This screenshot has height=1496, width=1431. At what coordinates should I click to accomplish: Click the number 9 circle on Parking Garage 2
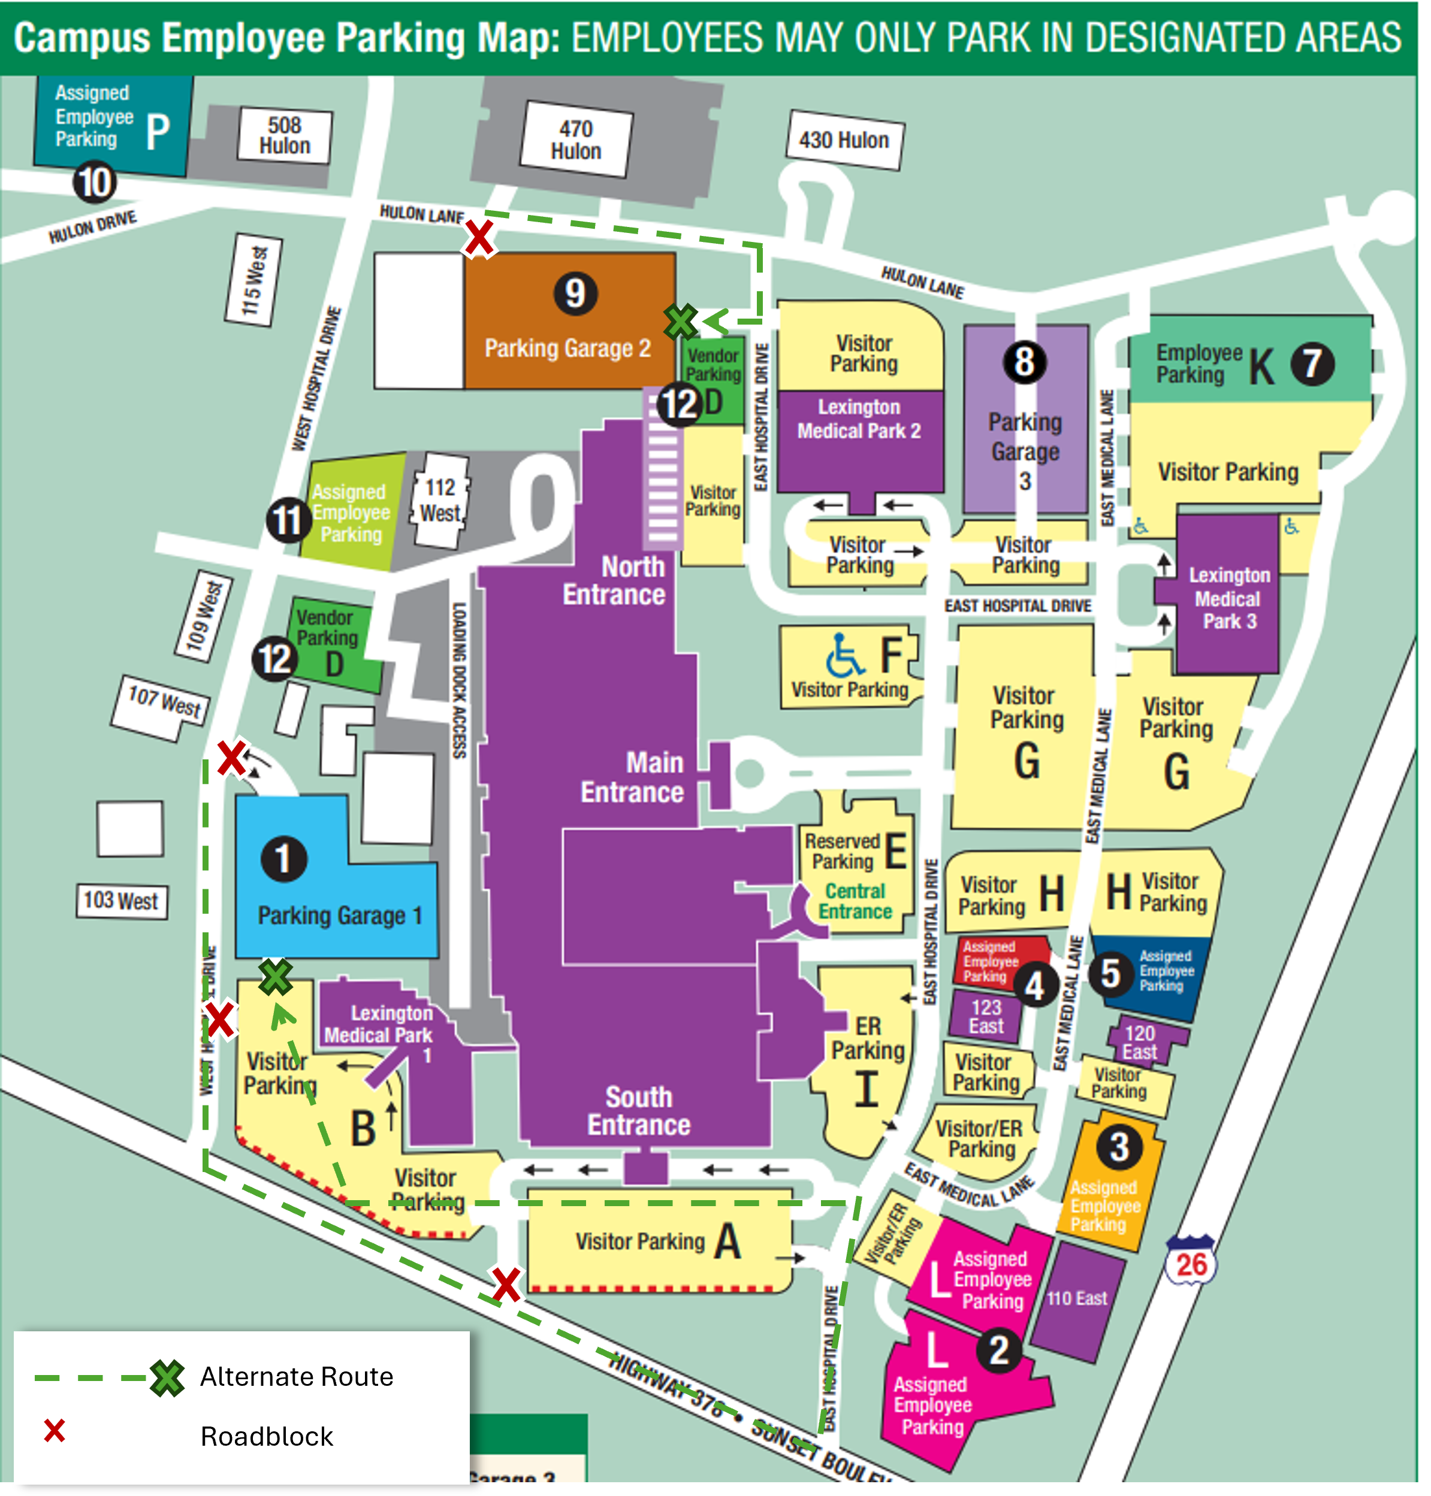click(x=575, y=293)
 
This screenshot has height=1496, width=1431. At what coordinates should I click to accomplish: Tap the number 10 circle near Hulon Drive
click(x=95, y=183)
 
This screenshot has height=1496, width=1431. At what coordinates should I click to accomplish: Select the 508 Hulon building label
click(x=285, y=136)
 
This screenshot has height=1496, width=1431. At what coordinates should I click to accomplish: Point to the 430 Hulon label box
click(x=844, y=140)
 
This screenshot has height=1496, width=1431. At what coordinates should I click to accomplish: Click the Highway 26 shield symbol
click(x=1191, y=1262)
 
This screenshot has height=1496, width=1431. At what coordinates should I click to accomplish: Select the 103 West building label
click(x=121, y=901)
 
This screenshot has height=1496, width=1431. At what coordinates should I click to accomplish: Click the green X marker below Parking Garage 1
click(x=276, y=977)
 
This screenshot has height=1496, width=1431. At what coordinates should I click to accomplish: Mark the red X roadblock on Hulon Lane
click(x=479, y=237)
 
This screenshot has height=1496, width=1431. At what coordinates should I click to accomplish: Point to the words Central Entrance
click(x=855, y=901)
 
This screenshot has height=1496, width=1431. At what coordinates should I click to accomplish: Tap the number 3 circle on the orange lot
click(x=1118, y=1147)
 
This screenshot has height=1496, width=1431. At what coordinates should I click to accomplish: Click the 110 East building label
click(x=1076, y=1298)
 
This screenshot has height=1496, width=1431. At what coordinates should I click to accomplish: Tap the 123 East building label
click(x=986, y=1017)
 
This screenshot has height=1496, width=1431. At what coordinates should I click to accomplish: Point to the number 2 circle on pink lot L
click(x=998, y=1350)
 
